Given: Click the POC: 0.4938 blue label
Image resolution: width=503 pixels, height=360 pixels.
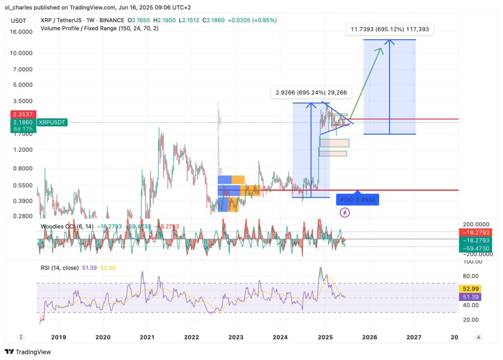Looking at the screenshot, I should (358, 200).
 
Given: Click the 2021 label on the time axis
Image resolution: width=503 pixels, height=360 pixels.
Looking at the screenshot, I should (147, 337).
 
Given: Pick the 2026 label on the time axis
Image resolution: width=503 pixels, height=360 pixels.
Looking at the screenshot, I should (369, 337).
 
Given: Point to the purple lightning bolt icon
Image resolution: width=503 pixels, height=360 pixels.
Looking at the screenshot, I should (345, 213).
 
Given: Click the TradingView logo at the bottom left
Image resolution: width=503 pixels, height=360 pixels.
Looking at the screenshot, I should (28, 352).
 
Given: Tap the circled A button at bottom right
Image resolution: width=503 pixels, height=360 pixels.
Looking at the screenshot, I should (478, 337).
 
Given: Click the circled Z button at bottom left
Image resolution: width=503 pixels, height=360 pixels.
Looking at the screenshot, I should (21, 337).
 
